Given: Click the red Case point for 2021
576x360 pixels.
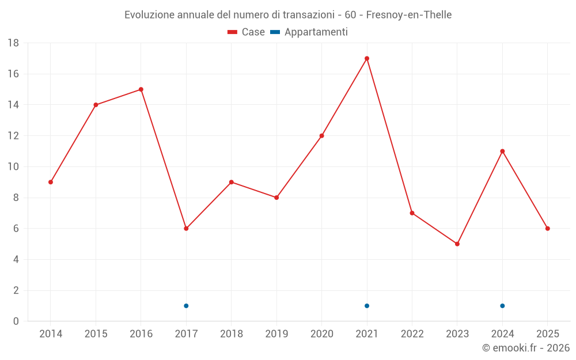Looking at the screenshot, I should point(367,58).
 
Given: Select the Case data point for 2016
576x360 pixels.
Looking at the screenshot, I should point(141,89).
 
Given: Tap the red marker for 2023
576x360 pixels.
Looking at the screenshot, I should point(457,244).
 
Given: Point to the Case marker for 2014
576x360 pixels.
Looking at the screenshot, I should point(51,182).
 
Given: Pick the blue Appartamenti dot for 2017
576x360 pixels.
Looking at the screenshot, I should point(186,306).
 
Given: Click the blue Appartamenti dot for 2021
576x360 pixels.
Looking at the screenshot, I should point(367,306).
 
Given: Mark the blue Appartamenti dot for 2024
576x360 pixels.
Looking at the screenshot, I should point(502,306).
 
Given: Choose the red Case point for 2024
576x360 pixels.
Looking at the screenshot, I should point(502,151).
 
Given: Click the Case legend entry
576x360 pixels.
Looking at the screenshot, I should point(247,32).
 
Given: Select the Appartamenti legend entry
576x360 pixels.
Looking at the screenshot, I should point(309,32).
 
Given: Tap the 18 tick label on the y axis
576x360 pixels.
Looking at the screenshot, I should point(13,43).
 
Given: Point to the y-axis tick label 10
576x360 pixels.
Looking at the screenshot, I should point(13,167).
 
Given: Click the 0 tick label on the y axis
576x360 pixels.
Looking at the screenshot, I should point(16,321).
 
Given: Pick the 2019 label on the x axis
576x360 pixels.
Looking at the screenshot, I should point(276,334).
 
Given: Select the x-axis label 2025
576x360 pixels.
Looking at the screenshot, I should point(548,334).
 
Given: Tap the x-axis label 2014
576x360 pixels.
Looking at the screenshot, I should point(51,334).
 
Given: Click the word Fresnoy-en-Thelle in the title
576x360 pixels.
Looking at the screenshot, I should point(409,14).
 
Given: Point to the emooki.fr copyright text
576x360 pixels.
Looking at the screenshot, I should point(526,348).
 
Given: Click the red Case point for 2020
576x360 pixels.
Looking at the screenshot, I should point(322,136).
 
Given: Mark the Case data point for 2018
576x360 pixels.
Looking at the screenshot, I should point(232,182).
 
